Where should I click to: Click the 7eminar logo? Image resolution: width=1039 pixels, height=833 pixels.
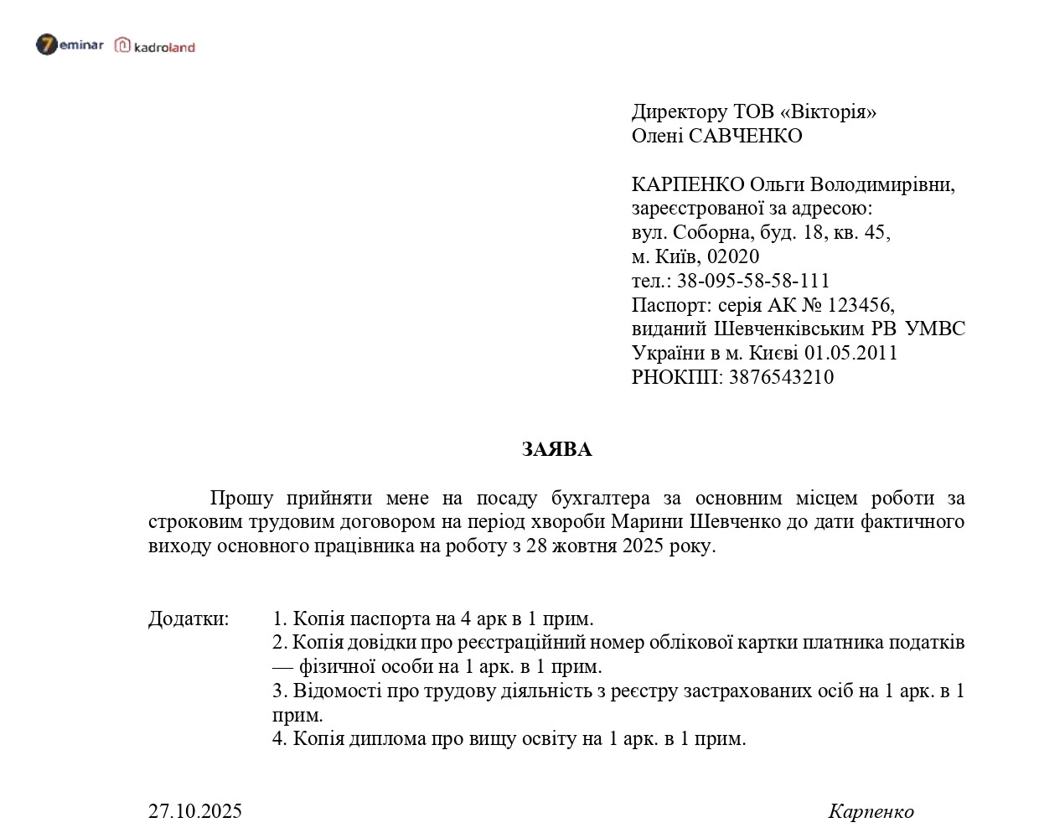[x=70, y=44]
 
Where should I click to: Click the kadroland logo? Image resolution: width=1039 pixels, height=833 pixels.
[x=155, y=46]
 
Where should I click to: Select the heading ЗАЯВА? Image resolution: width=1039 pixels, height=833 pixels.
[x=556, y=450]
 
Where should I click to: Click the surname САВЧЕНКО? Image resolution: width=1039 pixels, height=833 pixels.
[x=744, y=136]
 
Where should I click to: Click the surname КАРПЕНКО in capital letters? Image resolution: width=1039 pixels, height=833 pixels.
[x=687, y=184]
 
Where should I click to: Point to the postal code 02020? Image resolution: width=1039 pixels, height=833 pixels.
[x=733, y=256]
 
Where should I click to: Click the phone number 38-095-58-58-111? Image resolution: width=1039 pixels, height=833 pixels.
[x=753, y=281]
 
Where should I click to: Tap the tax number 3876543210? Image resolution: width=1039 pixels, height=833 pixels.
[x=781, y=377]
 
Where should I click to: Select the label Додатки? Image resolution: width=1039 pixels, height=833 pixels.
[x=189, y=619]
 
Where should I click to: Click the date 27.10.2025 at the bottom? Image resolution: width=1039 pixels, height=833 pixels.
[x=195, y=811]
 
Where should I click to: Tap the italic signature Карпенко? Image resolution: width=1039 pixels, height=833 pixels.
[x=871, y=811]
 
